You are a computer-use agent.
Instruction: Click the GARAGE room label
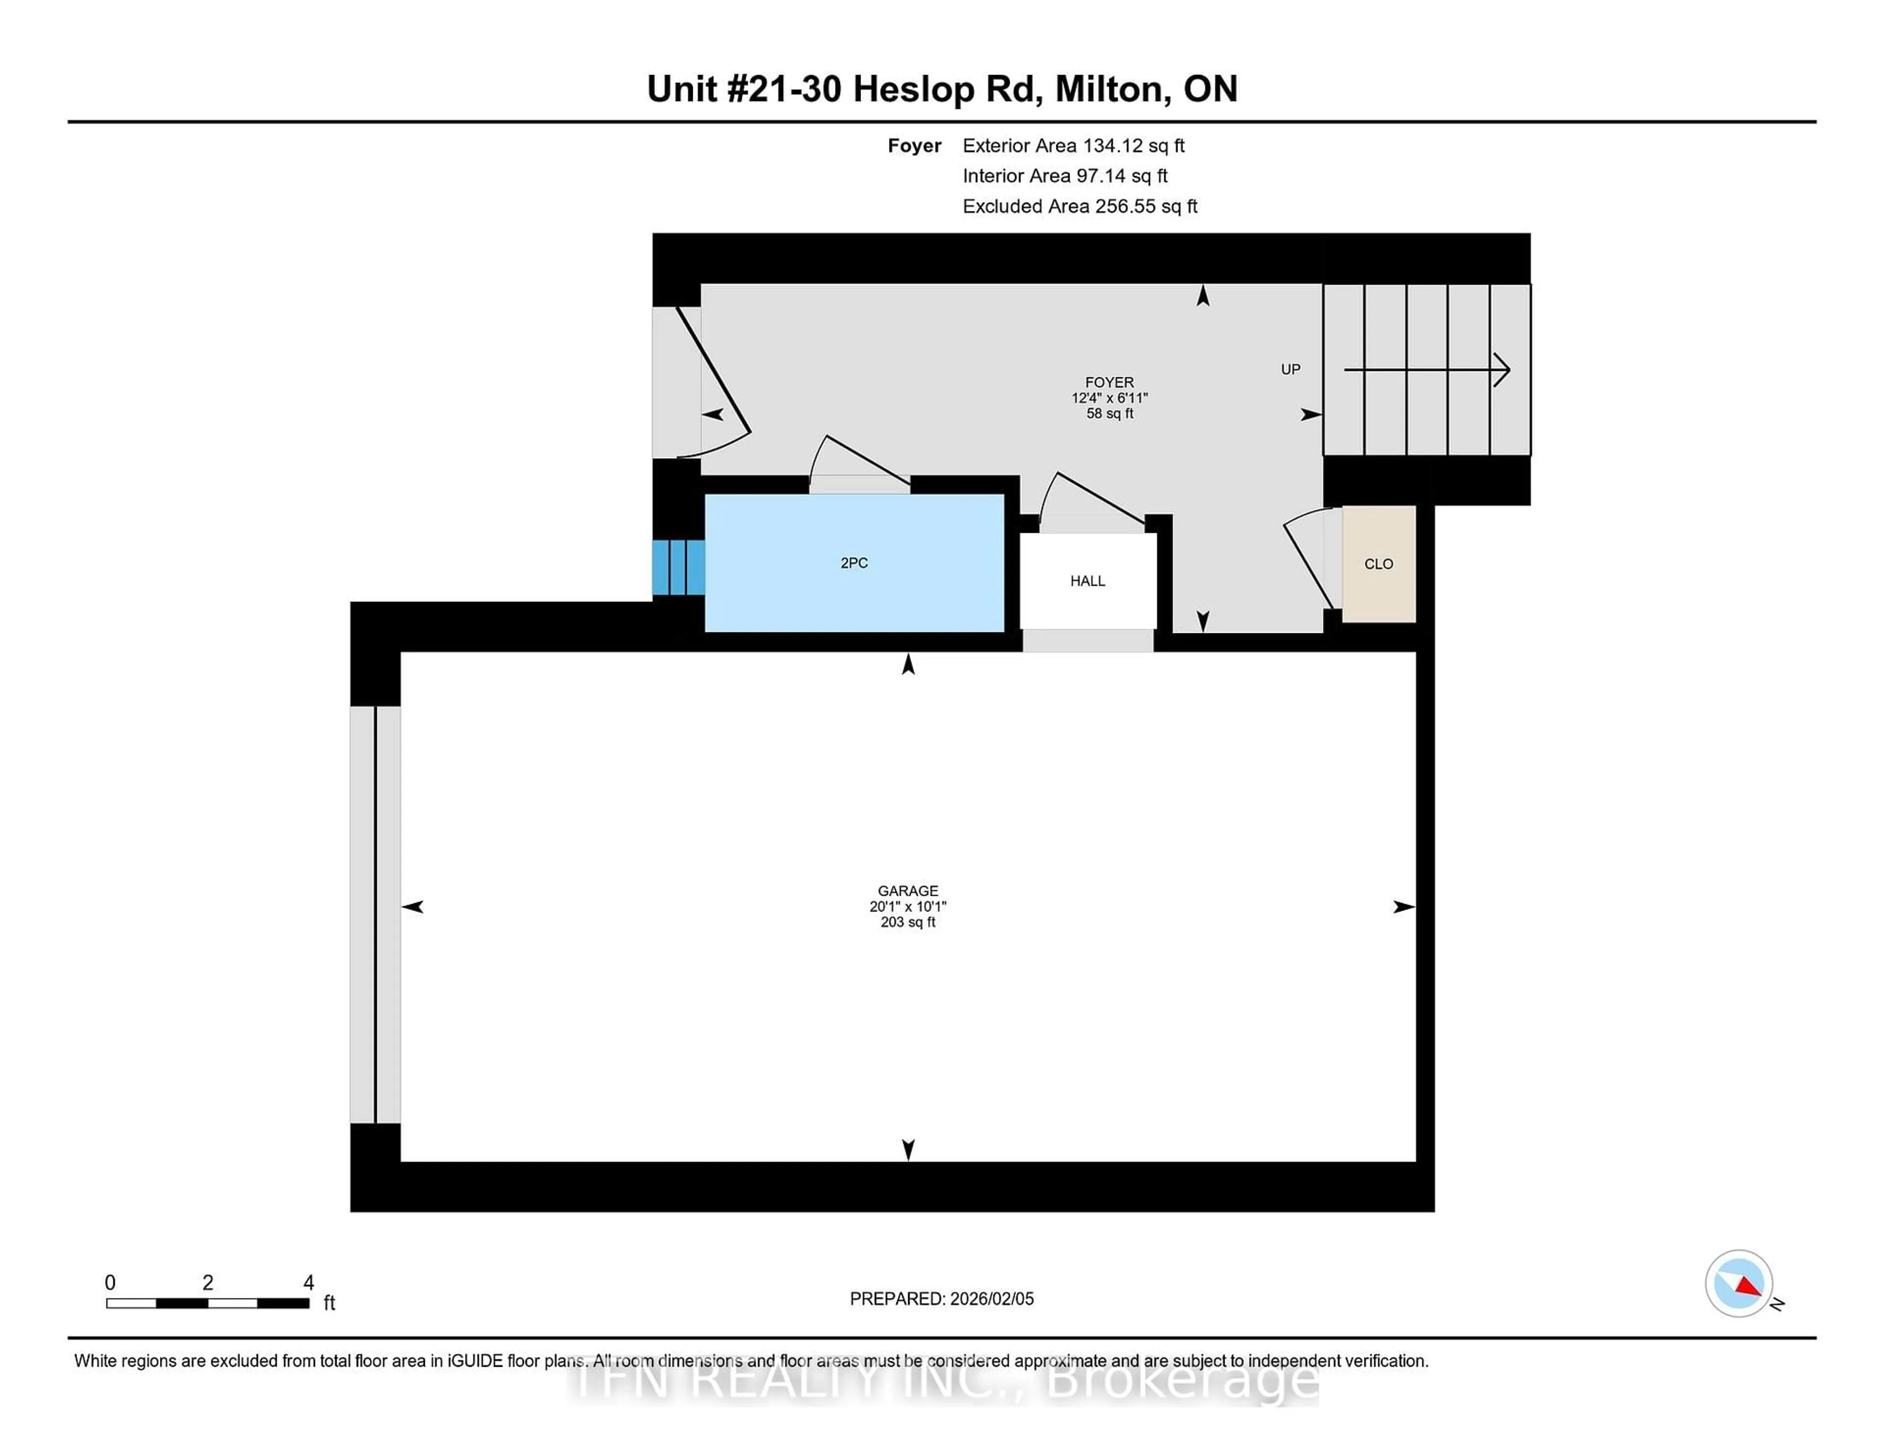coord(908,891)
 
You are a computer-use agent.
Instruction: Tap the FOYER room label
coord(1109,382)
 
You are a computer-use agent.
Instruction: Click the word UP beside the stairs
coord(1290,369)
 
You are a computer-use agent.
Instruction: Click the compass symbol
coord(1738,1283)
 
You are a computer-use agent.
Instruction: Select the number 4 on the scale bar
coord(309,1283)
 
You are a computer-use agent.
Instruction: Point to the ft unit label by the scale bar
coord(329,1302)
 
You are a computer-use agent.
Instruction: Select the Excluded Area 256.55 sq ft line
coord(1079,206)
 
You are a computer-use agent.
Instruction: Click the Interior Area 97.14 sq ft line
coord(1065,176)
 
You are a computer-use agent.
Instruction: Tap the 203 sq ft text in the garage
coord(908,922)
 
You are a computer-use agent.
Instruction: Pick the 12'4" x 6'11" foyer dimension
coord(1109,398)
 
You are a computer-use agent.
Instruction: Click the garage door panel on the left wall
coord(375,914)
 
